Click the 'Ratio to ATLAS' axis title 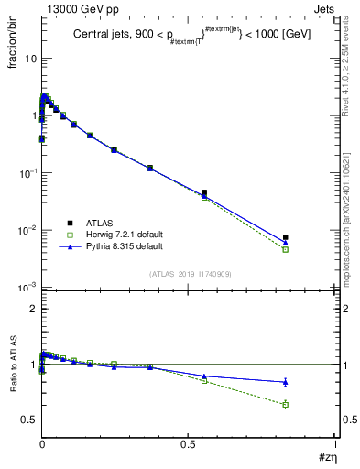(14, 392)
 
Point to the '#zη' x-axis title (326, 457)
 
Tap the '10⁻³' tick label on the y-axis (27, 289)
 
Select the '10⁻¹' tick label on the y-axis (27, 173)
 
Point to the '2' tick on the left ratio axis (33, 310)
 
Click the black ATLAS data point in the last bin (286, 237)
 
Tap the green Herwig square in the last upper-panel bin (286, 249)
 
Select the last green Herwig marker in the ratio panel (286, 405)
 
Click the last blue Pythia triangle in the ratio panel (286, 382)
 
